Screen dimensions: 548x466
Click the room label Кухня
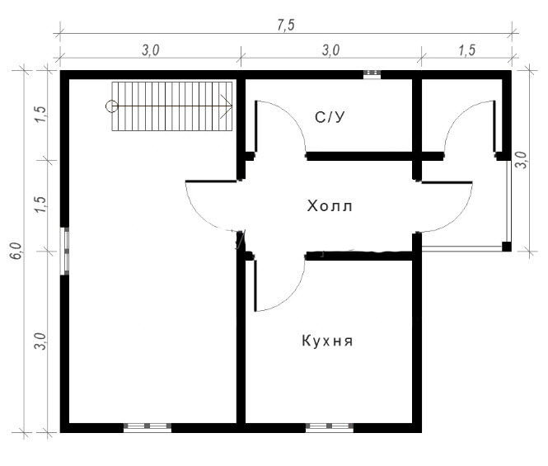click(327, 341)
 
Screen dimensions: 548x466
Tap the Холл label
click(330, 206)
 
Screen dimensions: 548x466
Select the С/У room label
click(330, 117)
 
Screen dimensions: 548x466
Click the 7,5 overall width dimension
click(286, 26)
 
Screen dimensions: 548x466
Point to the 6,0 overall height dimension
click(16, 251)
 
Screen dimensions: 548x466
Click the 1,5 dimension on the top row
click(467, 50)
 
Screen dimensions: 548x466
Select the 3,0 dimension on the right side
click(522, 160)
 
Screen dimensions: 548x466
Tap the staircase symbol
click(172, 106)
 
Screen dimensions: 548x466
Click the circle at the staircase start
click(111, 106)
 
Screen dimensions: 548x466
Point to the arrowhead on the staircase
click(227, 106)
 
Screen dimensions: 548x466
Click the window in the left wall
click(64, 251)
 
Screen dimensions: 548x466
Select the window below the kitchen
click(330, 426)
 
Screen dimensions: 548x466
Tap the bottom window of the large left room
click(148, 426)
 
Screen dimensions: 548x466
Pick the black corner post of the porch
click(507, 247)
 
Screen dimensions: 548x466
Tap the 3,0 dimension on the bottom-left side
click(40, 341)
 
